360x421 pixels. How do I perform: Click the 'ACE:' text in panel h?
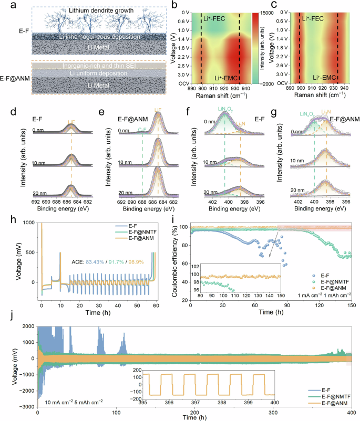[81, 261]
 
